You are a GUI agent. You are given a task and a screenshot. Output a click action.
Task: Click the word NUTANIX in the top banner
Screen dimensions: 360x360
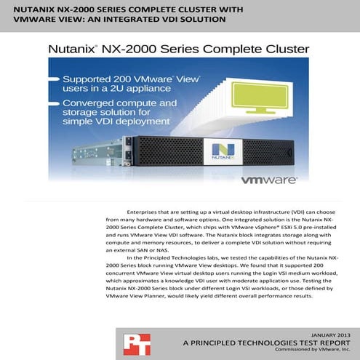33,9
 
